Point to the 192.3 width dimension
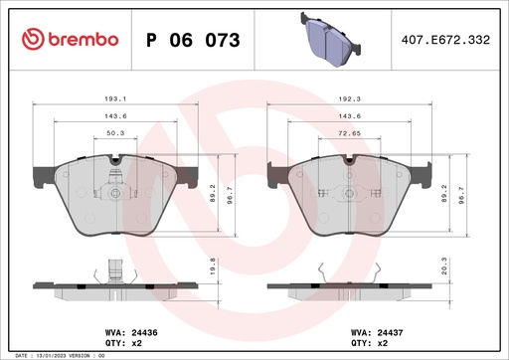coord(347,100)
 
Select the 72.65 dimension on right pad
coord(347,132)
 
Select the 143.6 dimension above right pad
coord(347,116)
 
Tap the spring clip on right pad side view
coord(320,272)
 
